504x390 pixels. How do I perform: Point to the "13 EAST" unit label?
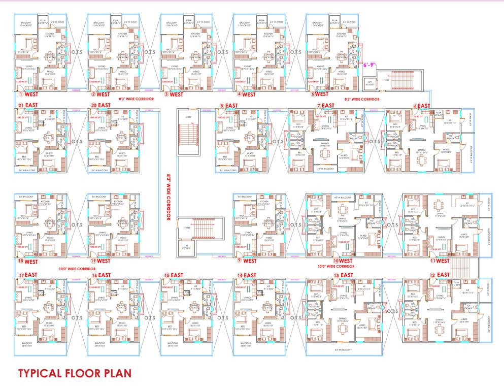(x=343, y=275)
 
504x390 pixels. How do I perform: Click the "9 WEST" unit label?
(x=246, y=261)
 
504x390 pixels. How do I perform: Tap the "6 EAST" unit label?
(x=422, y=106)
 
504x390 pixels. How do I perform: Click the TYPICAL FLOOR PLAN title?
(x=75, y=373)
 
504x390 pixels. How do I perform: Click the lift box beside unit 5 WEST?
(x=370, y=84)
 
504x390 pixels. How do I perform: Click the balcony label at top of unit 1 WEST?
(x=26, y=23)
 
